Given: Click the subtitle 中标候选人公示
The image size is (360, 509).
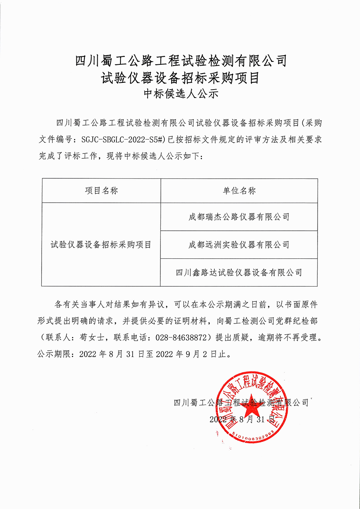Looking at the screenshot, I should pos(180,95).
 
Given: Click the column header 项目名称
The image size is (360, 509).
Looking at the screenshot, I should pos(101,191).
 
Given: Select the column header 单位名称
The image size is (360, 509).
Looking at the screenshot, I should pos(239,191).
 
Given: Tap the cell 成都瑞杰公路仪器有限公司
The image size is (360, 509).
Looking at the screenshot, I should pos(239,217).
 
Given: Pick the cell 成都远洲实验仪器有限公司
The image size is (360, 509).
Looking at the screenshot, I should pos(239,244).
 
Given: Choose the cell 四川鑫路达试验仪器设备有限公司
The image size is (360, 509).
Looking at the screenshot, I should pos(239,273).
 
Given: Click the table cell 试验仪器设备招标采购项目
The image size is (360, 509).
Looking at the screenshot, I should pos(101,245).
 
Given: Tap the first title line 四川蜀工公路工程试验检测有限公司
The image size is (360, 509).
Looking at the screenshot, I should pos(180,61).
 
